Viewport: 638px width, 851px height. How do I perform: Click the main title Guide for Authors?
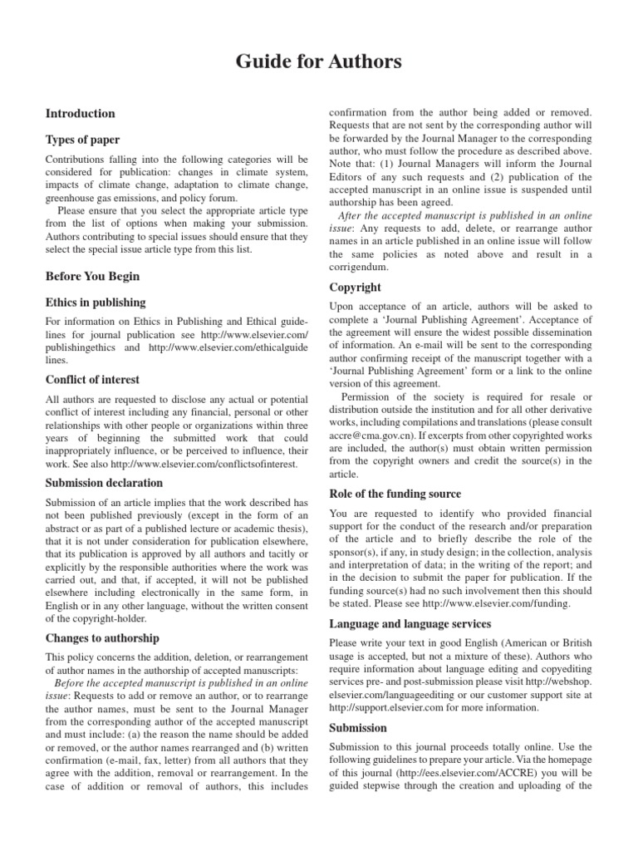coord(319,61)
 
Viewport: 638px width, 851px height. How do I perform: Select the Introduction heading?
coord(80,113)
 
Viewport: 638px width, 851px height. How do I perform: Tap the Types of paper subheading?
coord(82,140)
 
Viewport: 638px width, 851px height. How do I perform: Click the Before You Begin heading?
coord(92,276)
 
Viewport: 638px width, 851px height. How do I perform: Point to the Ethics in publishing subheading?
coord(96,303)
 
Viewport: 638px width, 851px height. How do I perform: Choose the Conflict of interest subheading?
coord(93,380)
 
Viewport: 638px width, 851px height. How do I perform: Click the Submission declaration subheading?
coord(104,483)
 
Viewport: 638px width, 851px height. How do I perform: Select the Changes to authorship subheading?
coord(103,637)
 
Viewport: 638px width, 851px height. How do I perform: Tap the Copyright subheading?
coord(356,288)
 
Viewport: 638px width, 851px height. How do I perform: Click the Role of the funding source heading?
coord(395,494)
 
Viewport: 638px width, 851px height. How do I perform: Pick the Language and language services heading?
coord(410,623)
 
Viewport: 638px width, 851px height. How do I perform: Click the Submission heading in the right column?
coord(358,727)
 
